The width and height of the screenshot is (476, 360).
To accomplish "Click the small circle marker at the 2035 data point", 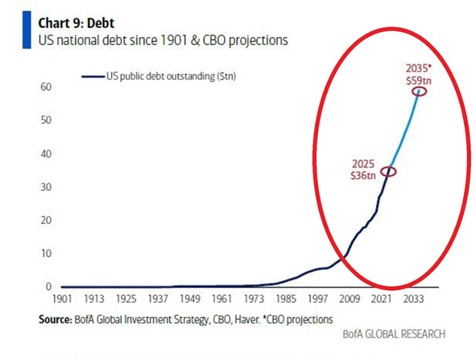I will point(419,91).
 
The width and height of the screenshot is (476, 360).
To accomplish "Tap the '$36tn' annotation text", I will point(362,175).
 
